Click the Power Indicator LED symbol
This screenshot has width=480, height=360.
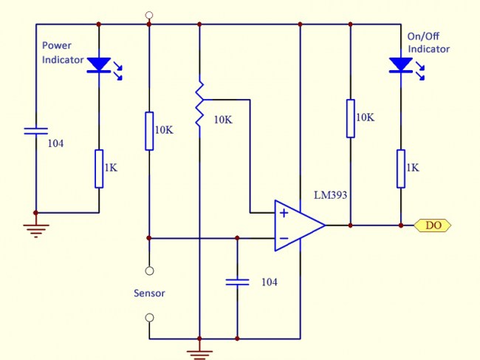(x=99, y=65)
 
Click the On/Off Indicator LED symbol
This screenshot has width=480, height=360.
(x=400, y=65)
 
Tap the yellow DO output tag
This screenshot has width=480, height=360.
(x=433, y=225)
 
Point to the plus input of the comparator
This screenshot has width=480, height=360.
(x=284, y=213)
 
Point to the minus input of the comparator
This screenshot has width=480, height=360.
(x=284, y=237)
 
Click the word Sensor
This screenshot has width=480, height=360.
(x=149, y=293)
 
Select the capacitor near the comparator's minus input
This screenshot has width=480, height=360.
(x=237, y=282)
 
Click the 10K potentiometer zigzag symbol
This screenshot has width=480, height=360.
(x=199, y=108)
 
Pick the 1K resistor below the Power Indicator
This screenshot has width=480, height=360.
(x=99, y=169)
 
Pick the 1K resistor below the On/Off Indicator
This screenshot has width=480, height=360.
(x=400, y=169)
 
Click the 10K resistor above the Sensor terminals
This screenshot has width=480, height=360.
(x=149, y=131)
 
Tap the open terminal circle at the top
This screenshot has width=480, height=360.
(x=149, y=15)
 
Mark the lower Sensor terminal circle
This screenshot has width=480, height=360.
(x=149, y=318)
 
